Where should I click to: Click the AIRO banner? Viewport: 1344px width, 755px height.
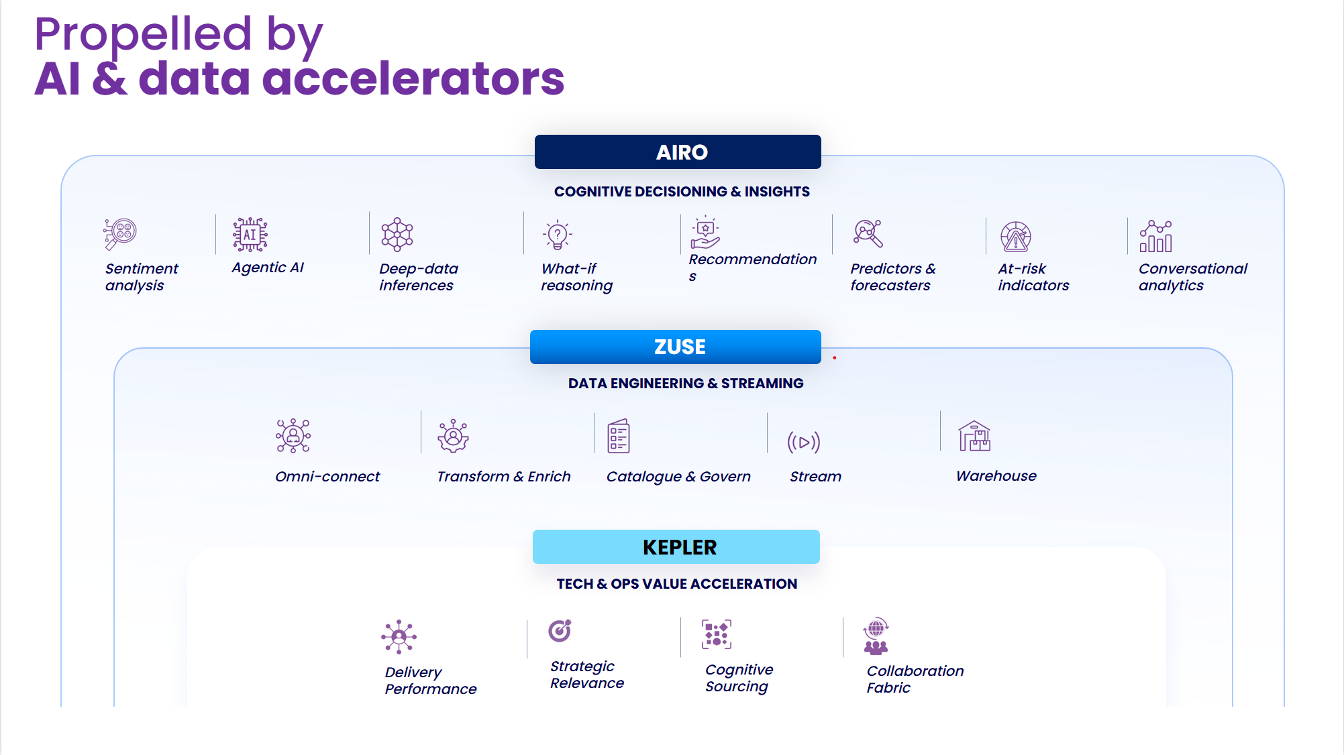[678, 152]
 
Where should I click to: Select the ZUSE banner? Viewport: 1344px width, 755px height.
[676, 347]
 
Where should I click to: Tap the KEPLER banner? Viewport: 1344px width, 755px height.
[676, 547]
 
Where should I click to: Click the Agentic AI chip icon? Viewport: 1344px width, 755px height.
[250, 235]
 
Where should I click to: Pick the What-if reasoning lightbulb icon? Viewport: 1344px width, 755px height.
[557, 235]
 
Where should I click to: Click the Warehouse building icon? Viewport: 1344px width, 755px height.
[974, 437]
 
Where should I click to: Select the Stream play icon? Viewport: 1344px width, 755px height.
[803, 442]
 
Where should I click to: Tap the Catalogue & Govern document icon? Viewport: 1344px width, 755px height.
[618, 437]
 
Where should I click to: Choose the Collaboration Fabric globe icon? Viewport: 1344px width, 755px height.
[876, 636]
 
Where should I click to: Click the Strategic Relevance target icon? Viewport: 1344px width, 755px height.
[560, 630]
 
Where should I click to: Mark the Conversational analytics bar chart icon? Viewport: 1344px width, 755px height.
[1155, 236]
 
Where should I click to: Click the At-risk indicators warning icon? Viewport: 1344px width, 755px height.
[1015, 237]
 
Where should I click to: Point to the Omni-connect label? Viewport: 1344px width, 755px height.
[327, 477]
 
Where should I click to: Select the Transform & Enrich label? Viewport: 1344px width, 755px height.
[503, 477]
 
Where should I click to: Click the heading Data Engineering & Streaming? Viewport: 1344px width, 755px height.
[685, 384]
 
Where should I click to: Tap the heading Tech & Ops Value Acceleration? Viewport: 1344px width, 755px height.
[676, 584]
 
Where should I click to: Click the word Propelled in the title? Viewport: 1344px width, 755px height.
[143, 34]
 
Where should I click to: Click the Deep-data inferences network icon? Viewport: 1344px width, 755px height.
[397, 235]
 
